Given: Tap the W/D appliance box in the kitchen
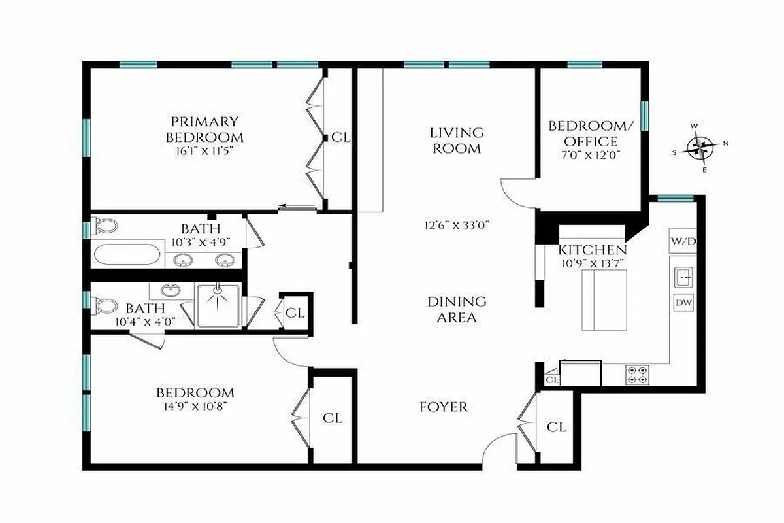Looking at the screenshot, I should tap(683, 241).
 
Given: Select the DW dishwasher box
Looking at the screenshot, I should tap(683, 303).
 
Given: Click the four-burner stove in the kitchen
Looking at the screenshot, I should tap(638, 375).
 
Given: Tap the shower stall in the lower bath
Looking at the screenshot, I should tap(218, 305).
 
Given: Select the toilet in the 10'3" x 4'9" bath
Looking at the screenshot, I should tap(105, 226).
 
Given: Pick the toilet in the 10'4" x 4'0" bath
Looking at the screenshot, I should tap(105, 305).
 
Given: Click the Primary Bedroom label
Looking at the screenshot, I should tap(204, 129).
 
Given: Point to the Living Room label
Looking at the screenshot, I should tap(456, 141).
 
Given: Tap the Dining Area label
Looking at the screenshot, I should tap(457, 310).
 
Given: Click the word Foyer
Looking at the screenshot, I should tap(444, 407).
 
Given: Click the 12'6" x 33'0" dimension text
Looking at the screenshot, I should tap(457, 225).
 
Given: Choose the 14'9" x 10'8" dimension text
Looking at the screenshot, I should tap(195, 405).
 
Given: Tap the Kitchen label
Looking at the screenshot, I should tap(592, 250).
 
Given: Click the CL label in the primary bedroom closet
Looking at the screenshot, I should tap(341, 138).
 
